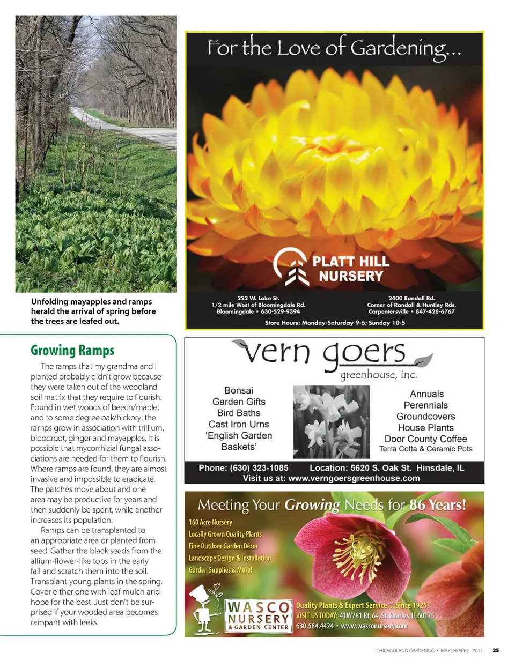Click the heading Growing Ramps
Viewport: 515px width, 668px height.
tap(72, 351)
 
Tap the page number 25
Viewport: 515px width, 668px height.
tap(496, 650)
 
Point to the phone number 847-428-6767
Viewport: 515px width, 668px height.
tap(435, 311)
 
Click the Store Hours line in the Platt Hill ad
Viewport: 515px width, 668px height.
tap(335, 323)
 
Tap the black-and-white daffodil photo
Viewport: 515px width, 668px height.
tap(331, 422)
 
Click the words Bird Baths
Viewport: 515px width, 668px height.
tap(239, 413)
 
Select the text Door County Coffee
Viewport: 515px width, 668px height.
tap(426, 439)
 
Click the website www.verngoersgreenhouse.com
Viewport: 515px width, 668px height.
tap(354, 478)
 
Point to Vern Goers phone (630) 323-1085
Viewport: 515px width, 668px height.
tap(244, 468)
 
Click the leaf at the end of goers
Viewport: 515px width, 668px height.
tap(423, 360)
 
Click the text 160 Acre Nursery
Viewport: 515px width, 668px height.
tap(210, 522)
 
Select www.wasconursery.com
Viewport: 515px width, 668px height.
tap(374, 626)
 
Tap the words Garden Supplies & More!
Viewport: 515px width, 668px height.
tap(220, 570)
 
